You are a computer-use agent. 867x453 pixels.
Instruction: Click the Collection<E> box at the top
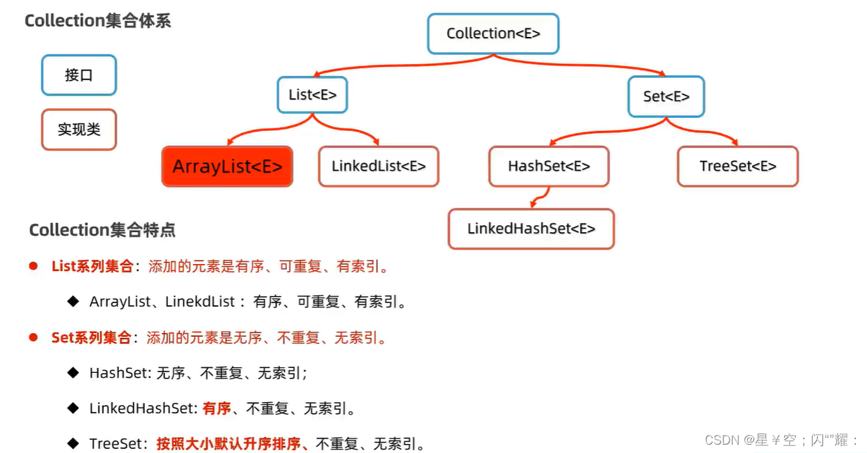[x=493, y=33]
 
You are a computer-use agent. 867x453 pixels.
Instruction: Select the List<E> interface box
[x=312, y=95]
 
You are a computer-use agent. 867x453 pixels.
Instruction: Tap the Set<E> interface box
[x=666, y=96]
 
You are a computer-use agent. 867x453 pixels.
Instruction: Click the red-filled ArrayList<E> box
[x=227, y=167]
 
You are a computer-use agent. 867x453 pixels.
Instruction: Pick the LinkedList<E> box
[x=378, y=167]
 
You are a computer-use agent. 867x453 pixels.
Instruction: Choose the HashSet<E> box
[x=549, y=167]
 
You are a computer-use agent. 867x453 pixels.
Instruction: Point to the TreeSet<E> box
[x=737, y=167]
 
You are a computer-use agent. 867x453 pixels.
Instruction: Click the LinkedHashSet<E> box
[x=531, y=229]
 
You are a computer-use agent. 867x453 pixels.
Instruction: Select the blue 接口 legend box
[x=79, y=75]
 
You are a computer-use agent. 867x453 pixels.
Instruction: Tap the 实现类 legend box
[x=79, y=130]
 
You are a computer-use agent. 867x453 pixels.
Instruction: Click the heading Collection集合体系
[x=97, y=21]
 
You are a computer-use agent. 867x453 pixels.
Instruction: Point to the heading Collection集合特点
[x=102, y=229]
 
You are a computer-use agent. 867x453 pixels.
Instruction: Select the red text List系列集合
[x=92, y=266]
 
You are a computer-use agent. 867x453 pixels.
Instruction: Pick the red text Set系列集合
[x=91, y=338]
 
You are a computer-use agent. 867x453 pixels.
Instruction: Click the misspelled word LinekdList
[x=203, y=302]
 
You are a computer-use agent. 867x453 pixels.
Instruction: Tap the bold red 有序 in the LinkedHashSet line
[x=217, y=408]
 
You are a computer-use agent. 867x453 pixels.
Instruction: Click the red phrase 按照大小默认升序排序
[x=233, y=444]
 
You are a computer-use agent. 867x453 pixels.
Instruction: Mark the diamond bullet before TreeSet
[x=73, y=443]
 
